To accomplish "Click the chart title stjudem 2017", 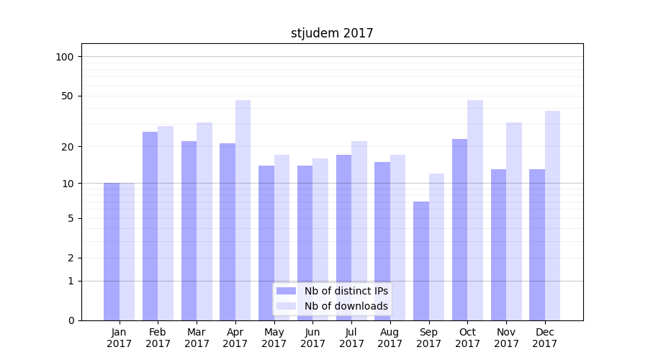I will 332,33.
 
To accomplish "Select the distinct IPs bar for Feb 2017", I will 150,226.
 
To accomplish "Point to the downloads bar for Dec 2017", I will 552,215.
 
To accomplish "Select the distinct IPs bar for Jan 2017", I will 112,251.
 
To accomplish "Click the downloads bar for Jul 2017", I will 359,230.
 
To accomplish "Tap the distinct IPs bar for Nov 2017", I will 498,245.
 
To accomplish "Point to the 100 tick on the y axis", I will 65,57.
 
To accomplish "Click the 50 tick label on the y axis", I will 68,96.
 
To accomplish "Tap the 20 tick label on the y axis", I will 68,147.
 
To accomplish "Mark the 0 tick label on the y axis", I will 71,320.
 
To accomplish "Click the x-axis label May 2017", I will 274,338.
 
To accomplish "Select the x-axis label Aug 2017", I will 390,338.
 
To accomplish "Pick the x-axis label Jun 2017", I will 312,338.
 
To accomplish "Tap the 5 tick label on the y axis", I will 71,218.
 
